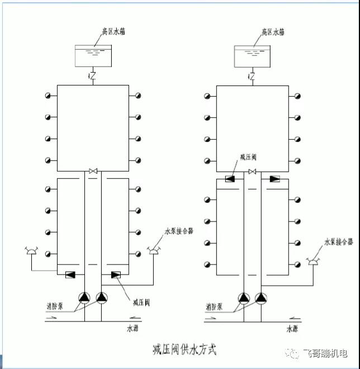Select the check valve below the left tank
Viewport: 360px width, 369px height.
point(93,75)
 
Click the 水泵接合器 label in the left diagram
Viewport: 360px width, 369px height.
point(178,231)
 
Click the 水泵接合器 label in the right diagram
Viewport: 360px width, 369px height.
point(338,242)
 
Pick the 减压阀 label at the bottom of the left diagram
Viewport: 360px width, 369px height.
point(140,302)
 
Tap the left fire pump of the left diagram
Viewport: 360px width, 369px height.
point(84,298)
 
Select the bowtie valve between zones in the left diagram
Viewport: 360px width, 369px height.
point(93,171)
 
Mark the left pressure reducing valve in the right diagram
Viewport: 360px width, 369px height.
point(230,179)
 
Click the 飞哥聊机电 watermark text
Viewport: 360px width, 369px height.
point(324,353)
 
